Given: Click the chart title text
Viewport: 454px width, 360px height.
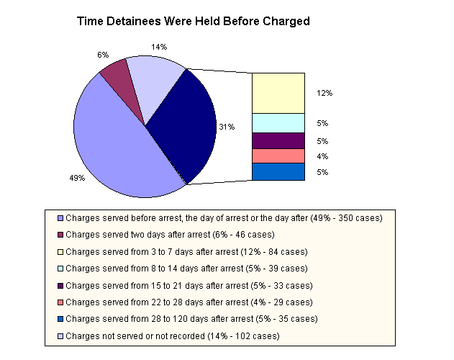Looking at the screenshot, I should tap(193, 22).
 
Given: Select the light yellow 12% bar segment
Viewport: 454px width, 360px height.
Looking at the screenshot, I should tap(278, 92).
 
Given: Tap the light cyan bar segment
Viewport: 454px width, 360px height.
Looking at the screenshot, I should tap(278, 122).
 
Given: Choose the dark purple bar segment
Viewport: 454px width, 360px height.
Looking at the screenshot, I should tap(278, 140).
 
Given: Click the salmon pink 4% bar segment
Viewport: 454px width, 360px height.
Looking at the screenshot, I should tap(278, 156).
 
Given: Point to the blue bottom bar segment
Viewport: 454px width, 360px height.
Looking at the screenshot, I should tap(278, 171).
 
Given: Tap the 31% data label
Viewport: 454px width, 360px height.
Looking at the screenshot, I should tap(227, 127).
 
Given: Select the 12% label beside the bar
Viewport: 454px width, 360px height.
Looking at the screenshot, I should tap(324, 93).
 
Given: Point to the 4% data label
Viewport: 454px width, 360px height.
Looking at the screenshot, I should tap(322, 156).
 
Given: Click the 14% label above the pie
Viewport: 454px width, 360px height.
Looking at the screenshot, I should tap(159, 47).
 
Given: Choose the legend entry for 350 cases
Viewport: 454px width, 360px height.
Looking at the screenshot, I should tap(223, 217).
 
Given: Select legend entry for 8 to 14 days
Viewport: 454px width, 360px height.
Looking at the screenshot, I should tap(188, 268).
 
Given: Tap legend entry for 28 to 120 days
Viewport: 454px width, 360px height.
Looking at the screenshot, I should tap(191, 318).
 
